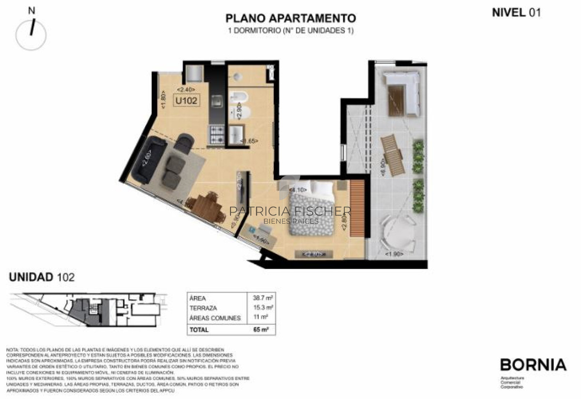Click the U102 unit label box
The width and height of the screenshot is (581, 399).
coord(186,102)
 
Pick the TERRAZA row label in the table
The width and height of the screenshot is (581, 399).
coord(204,308)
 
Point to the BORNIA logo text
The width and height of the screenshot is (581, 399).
coord(533,365)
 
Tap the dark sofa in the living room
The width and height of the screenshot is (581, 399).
coord(143,160)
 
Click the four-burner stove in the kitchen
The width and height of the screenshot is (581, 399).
coord(216,134)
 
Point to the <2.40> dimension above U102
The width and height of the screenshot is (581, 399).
coord(186,90)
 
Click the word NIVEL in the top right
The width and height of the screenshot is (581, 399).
coord(508,13)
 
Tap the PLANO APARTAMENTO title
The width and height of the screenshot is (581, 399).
coord(290,18)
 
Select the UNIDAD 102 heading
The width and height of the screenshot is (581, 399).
coord(42,277)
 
